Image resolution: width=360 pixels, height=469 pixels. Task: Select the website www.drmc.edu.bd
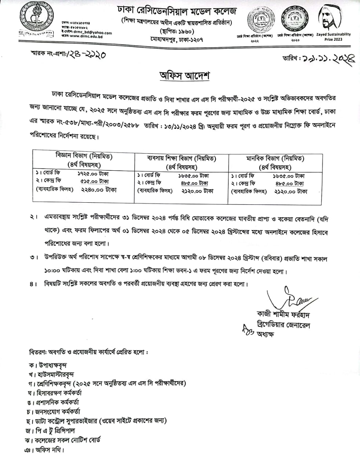click(85, 36)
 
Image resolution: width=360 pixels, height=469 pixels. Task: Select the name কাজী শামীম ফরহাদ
click(283, 315)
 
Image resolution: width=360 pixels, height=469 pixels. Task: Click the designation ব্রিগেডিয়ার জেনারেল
click(284, 325)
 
